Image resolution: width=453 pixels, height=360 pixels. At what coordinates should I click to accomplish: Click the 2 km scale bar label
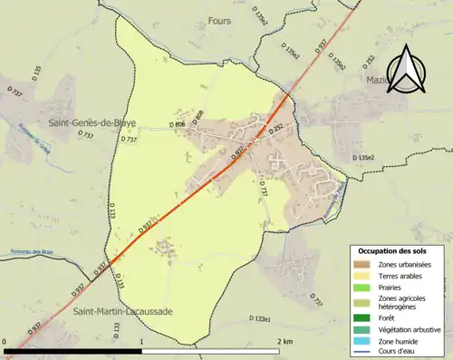click(x=285, y=341)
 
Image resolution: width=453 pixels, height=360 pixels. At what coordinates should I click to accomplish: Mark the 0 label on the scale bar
click(x=5, y=341)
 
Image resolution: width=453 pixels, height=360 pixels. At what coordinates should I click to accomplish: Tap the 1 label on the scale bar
click(x=142, y=341)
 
